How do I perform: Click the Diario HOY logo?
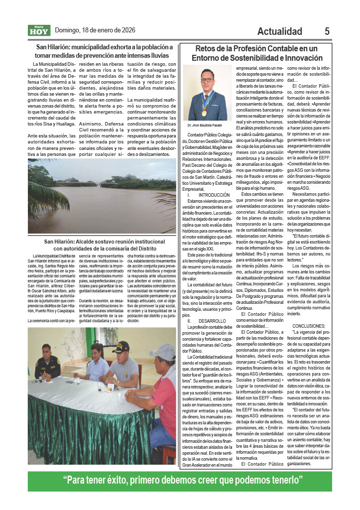coord(39,31)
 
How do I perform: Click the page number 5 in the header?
coord(327,31)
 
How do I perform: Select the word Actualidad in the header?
coord(279,31)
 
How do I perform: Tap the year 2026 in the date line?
coord(126,30)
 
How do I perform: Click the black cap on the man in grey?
coord(120,346)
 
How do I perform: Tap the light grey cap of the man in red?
coord(163,352)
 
